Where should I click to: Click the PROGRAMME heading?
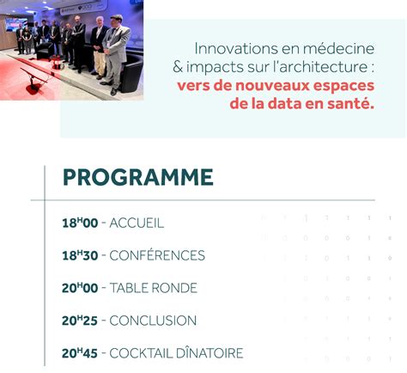pyautogui.click(x=138, y=177)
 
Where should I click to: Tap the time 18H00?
pyautogui.click(x=80, y=223)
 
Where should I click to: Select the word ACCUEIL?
pyautogui.click(x=137, y=223)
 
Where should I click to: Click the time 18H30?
pyautogui.click(x=80, y=255)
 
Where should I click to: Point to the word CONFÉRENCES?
pyautogui.click(x=157, y=255)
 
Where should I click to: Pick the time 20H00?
pyautogui.click(x=80, y=288)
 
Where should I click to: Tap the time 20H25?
pyautogui.click(x=80, y=321)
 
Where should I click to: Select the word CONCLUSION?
pyautogui.click(x=153, y=321)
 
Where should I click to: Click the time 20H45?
pyautogui.click(x=80, y=353)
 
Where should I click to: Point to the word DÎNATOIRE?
pyautogui.click(x=210, y=352)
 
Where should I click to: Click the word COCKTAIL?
pyautogui.click(x=141, y=353)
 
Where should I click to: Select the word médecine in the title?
pyautogui.click(x=338, y=48)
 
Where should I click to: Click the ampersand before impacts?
pyautogui.click(x=178, y=67)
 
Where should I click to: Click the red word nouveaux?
pyautogui.click(x=272, y=86)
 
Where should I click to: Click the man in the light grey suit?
pyautogui.click(x=115, y=54)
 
